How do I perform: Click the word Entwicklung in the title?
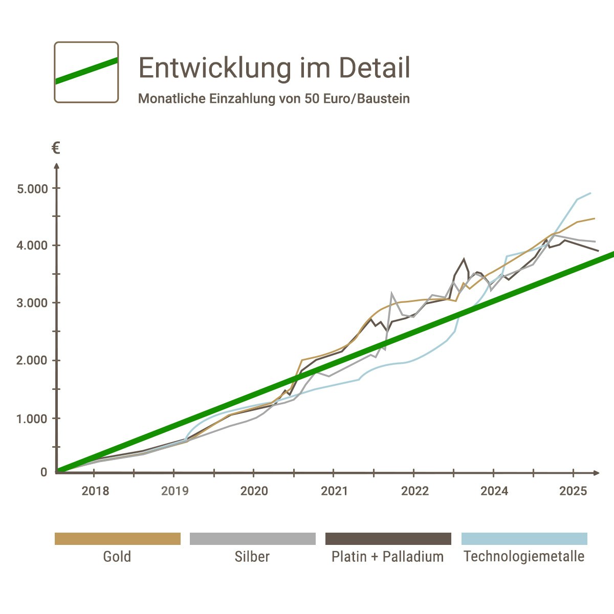(214, 68)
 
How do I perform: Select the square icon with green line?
(86, 72)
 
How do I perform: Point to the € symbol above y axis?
(56, 149)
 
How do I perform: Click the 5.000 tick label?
(33, 188)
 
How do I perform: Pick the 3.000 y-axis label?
(33, 303)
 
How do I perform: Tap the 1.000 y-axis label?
(33, 418)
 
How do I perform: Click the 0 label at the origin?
(44, 472)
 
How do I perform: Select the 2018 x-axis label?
(95, 492)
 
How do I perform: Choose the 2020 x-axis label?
(254, 492)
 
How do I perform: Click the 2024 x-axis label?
(494, 492)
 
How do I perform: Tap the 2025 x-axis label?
(573, 492)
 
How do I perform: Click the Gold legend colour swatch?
(118, 539)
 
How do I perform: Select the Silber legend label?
(252, 557)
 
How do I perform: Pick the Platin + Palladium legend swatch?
(388, 539)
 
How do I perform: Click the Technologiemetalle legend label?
(524, 557)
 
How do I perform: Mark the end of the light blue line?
(591, 193)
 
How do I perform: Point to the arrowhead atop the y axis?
(57, 165)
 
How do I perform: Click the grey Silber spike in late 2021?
(391, 293)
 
